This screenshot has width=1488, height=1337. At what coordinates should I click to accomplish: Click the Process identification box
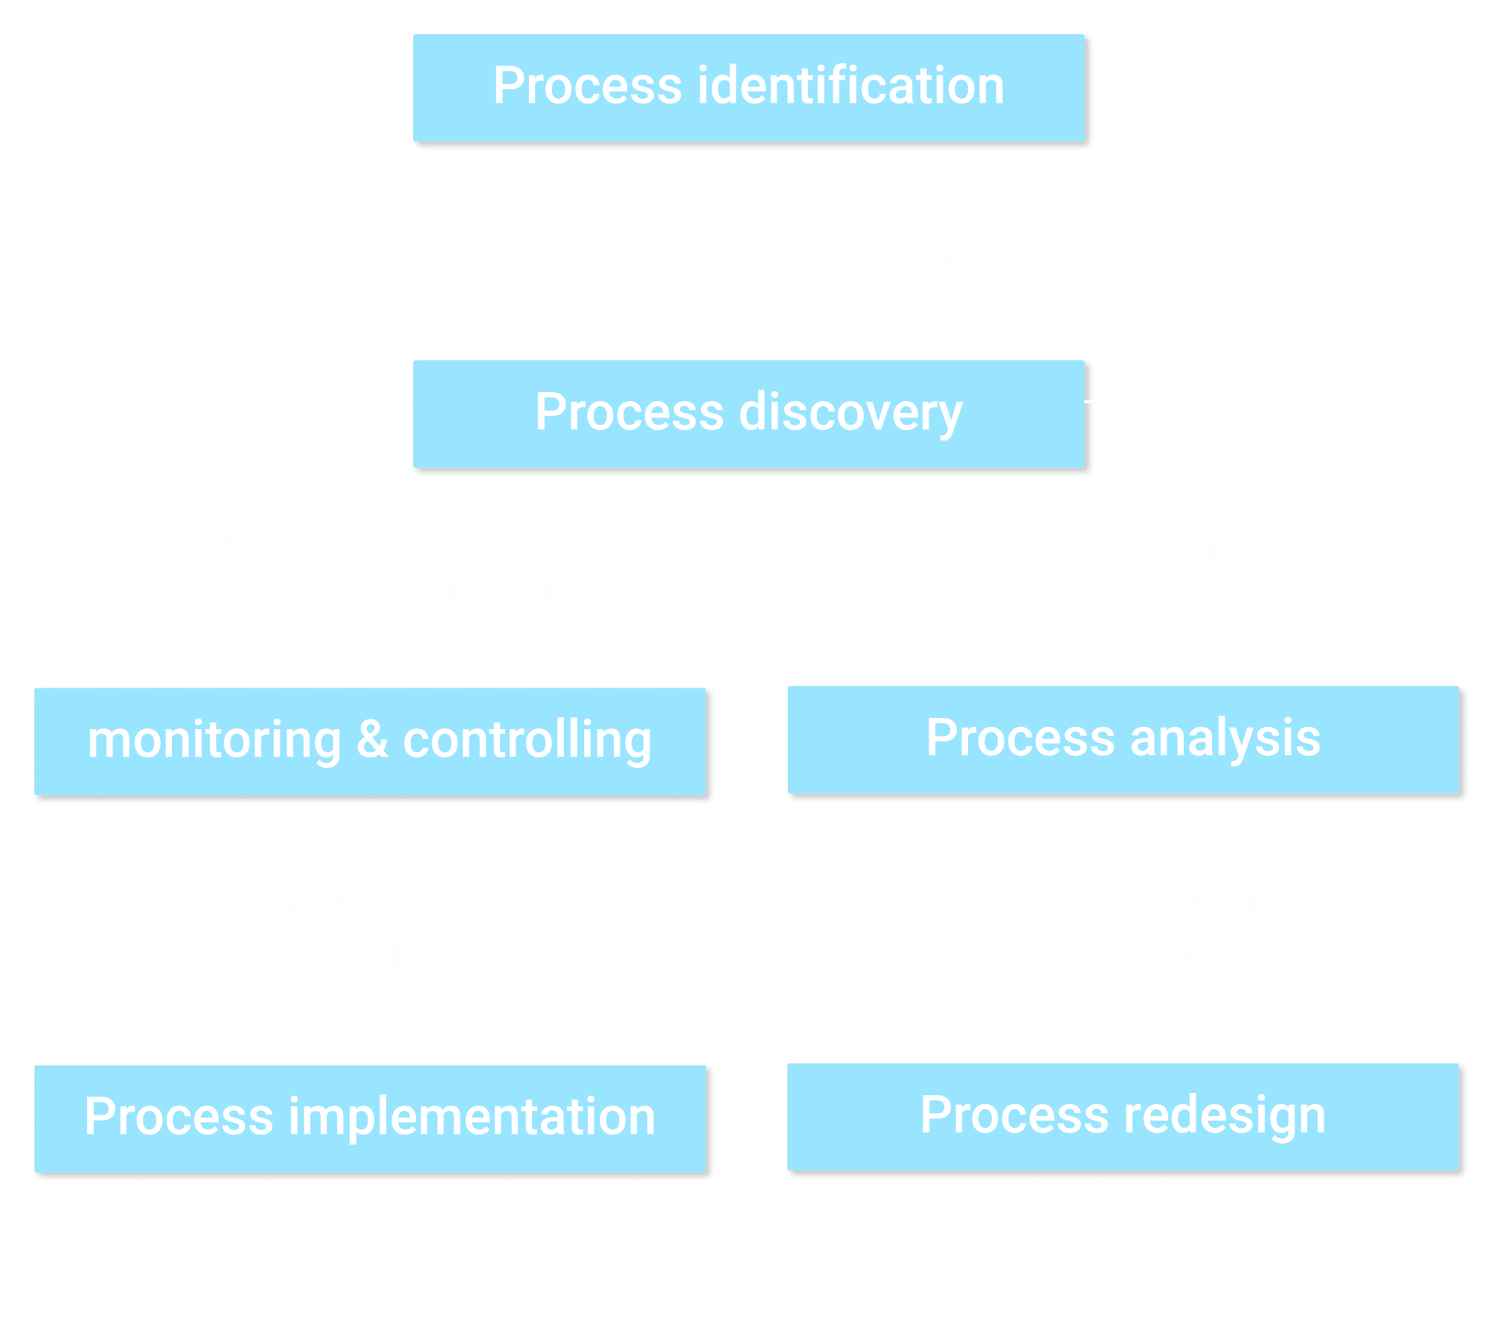click(x=748, y=88)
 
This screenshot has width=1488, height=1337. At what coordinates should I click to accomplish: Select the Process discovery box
click(x=748, y=414)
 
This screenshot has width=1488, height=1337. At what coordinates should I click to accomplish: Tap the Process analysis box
click(x=1123, y=740)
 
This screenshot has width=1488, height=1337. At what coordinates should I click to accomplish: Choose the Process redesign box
click(x=1123, y=1116)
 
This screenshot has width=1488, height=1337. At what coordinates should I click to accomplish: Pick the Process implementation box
click(x=370, y=1118)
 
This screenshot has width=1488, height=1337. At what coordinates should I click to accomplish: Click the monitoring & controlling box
click(x=370, y=741)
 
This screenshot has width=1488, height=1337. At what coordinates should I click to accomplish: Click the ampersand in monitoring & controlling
click(x=372, y=740)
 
